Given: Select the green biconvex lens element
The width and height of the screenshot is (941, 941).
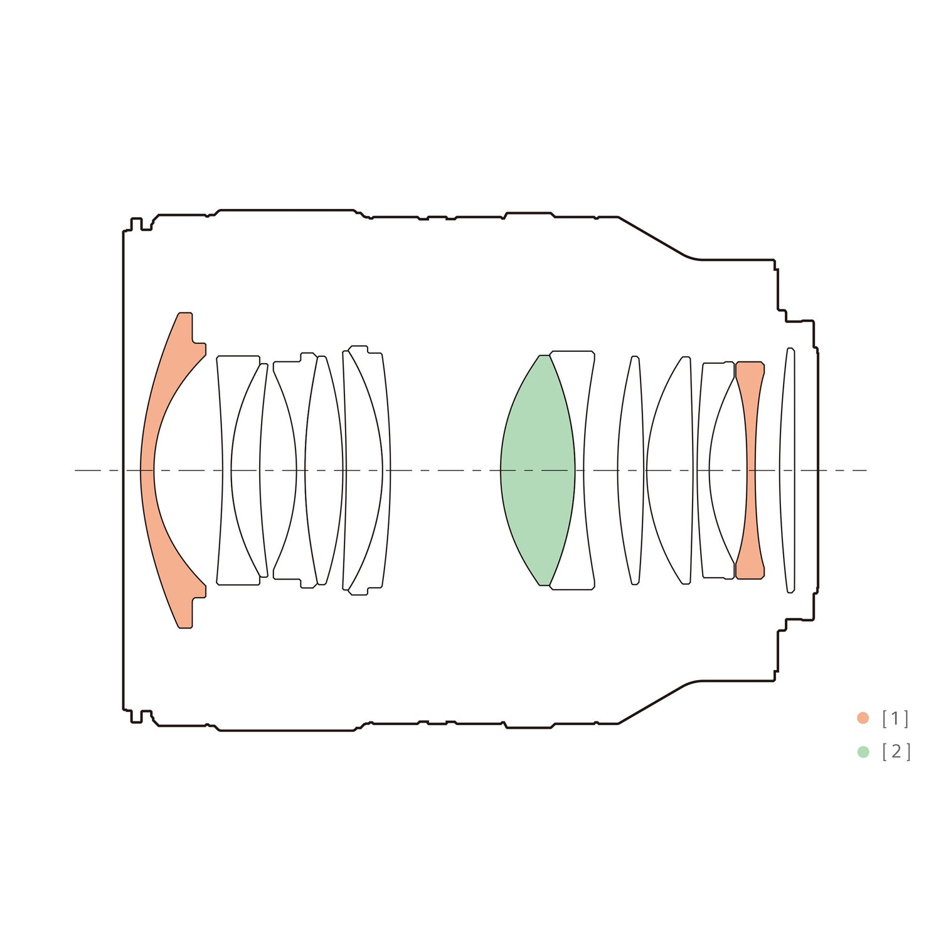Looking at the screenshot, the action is click(538, 470).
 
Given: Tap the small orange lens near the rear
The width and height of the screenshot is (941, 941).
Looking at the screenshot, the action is click(750, 470).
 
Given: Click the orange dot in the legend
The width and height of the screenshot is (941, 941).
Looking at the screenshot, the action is click(863, 718).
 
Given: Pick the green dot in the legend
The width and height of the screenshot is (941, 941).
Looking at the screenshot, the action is click(863, 752).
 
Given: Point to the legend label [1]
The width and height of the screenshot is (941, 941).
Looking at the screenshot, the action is click(895, 718).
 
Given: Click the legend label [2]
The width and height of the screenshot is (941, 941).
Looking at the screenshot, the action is click(896, 752).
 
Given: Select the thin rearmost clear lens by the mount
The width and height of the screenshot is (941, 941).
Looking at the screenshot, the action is click(787, 470).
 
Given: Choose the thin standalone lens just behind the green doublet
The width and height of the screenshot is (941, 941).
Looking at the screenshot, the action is click(630, 470).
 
